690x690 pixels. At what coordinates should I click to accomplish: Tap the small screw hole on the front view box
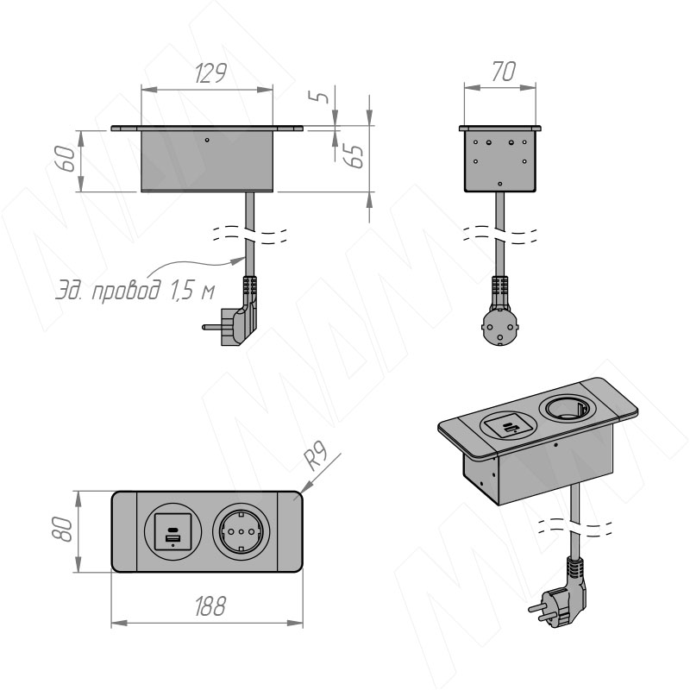207,139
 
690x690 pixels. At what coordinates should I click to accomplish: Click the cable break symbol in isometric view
574,524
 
